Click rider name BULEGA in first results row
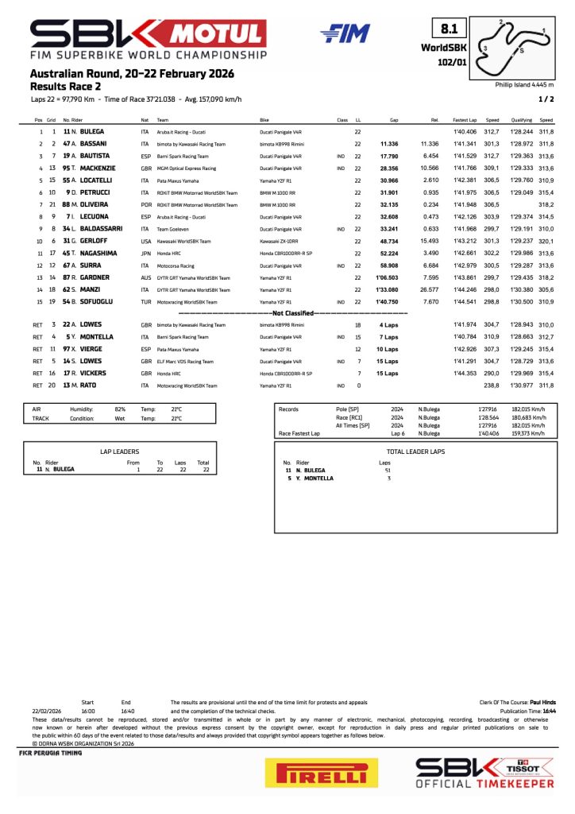[x=89, y=130]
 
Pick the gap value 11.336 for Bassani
[x=388, y=144]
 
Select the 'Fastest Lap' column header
[x=465, y=120]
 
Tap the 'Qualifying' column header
[x=521, y=120]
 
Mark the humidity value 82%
[x=120, y=409]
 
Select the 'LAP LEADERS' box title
[x=119, y=452]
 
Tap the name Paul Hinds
[x=542, y=703]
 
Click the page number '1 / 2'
[x=546, y=99]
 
